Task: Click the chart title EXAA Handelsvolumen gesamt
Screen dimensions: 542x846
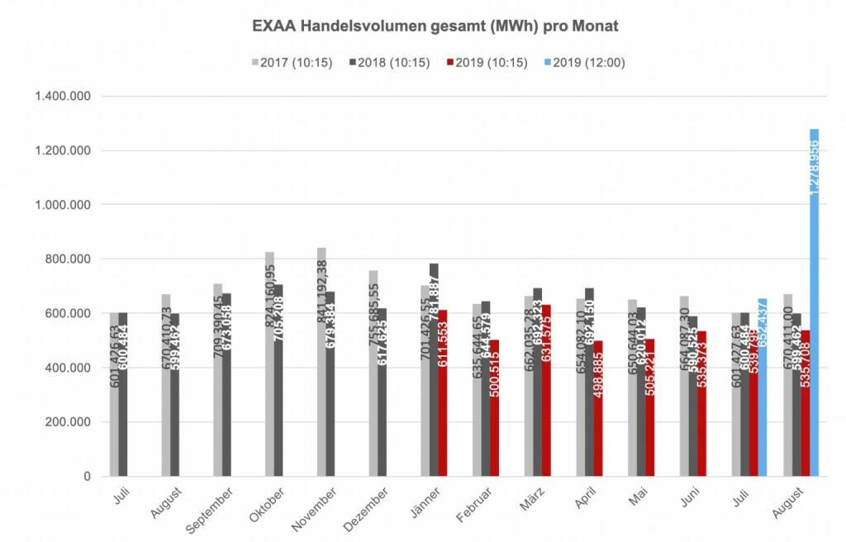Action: pyautogui.click(x=435, y=26)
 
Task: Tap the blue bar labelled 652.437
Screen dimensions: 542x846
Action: pyautogui.click(x=763, y=387)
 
